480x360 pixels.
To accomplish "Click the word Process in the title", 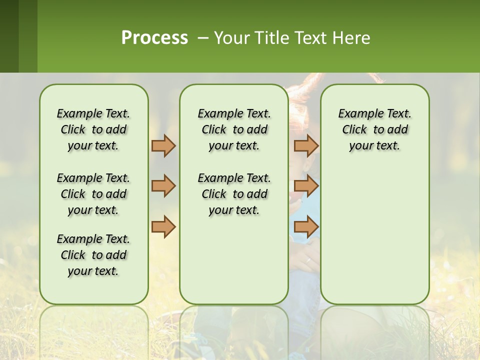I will point(154,37).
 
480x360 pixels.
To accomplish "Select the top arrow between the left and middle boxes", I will point(163,145).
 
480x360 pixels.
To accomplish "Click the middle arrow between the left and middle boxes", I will point(163,186).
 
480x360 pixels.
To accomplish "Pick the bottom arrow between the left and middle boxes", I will point(163,227).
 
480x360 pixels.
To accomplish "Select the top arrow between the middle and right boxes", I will point(306,145).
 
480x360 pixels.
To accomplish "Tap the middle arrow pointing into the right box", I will point(306,186).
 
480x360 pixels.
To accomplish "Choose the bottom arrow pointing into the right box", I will point(306,227).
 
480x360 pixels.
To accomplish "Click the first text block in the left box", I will point(93,129).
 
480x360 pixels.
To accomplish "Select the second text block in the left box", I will point(93,194).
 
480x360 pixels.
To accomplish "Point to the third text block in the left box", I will point(93,255).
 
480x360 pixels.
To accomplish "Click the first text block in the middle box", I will point(234,129).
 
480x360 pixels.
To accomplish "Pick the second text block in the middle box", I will point(234,194).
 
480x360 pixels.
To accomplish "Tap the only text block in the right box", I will point(374,129).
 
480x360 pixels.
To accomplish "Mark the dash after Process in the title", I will point(203,37).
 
